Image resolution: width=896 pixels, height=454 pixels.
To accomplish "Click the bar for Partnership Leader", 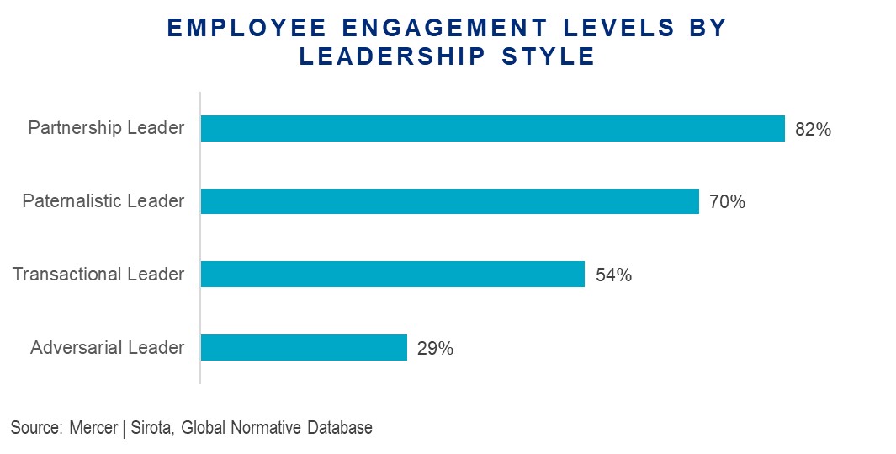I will [x=492, y=129].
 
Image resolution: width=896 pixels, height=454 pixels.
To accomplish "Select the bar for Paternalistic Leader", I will [x=449, y=201].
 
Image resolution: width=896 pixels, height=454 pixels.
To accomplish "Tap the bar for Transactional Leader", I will [x=392, y=275].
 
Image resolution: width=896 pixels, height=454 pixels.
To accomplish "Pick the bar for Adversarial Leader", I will [x=304, y=347].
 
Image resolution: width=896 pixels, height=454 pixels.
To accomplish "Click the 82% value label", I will [x=813, y=130].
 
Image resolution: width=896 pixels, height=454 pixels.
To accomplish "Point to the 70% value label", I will [x=727, y=202].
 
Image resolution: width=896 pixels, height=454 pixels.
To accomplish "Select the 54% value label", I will [x=613, y=275].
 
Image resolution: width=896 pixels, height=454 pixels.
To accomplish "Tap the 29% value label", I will [x=435, y=348].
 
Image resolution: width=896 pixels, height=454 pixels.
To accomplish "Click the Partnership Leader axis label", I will [x=106, y=129].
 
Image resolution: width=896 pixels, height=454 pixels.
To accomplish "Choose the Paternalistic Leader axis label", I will [x=103, y=201].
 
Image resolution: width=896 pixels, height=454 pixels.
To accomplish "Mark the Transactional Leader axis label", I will [x=98, y=275].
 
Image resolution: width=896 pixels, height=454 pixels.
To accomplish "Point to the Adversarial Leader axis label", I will [x=107, y=347].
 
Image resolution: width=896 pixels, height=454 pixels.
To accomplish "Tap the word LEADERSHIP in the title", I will [x=390, y=56].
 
